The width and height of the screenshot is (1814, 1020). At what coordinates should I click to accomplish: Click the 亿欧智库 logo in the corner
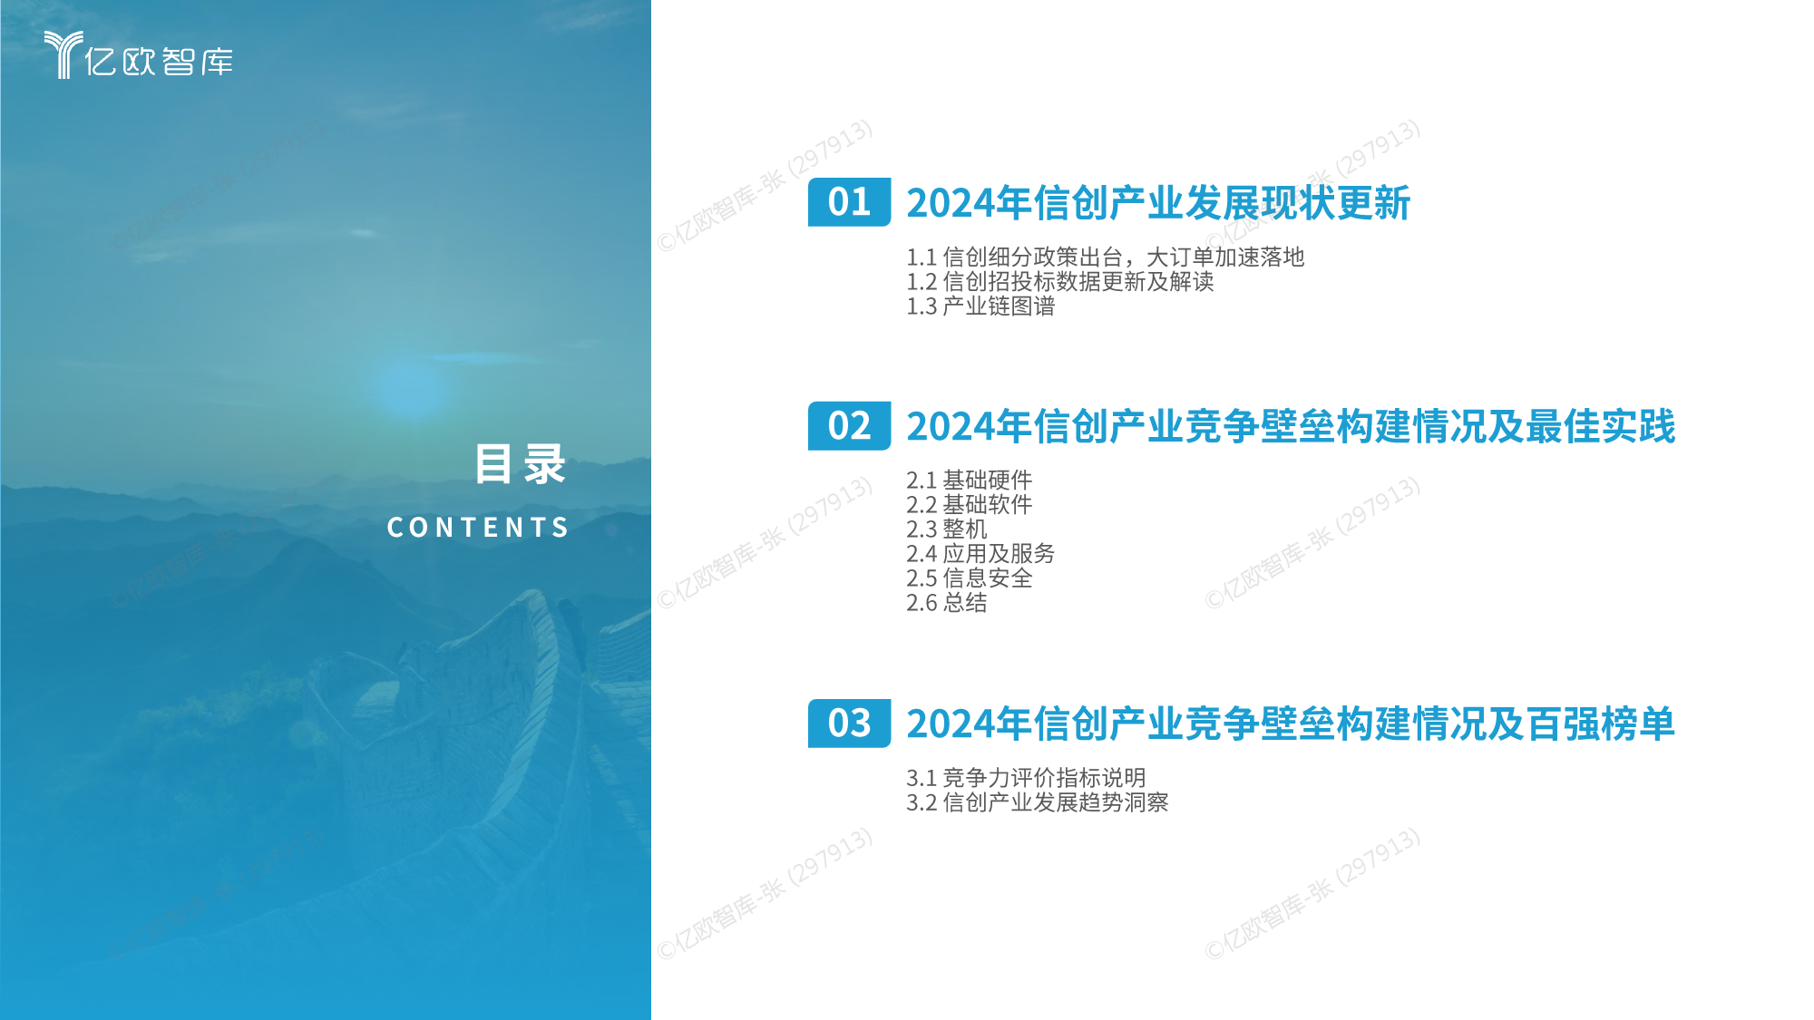coord(139,55)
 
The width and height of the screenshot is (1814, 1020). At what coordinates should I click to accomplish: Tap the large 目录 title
coord(521,464)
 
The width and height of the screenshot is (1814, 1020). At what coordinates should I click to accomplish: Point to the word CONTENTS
coord(478,527)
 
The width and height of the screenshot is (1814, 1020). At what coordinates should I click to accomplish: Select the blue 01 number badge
coord(849,202)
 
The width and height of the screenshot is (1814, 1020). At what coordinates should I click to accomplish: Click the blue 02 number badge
coord(849,426)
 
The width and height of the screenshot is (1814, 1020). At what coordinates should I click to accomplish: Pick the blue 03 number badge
coord(849,724)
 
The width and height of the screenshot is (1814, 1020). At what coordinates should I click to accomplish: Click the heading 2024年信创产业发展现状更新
coord(1158,203)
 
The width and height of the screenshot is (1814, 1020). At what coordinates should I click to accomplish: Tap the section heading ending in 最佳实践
coord(1291,426)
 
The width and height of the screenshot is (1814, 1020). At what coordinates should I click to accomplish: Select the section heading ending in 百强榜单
coord(1291,724)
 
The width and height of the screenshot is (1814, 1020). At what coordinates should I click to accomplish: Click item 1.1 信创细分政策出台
coord(1105,257)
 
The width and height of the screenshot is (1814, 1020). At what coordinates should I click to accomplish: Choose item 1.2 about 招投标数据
coord(1059,282)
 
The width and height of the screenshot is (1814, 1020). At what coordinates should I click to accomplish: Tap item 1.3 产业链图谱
coord(980,306)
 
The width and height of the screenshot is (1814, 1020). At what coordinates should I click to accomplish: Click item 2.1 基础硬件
coord(969,480)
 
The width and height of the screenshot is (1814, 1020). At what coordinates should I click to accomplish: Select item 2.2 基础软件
coord(969,504)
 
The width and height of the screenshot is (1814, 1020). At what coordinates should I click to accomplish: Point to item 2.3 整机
coord(946,529)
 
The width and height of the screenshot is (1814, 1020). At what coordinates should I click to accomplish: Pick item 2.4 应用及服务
coord(980,553)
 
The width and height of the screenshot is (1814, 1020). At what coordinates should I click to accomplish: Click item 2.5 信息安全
coord(969,578)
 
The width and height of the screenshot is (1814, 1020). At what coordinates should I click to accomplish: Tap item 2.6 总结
coord(946,602)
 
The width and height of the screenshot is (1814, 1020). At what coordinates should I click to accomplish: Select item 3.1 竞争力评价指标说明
coord(1026,778)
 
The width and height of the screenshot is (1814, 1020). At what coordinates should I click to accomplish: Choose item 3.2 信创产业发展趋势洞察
coord(1037,802)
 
